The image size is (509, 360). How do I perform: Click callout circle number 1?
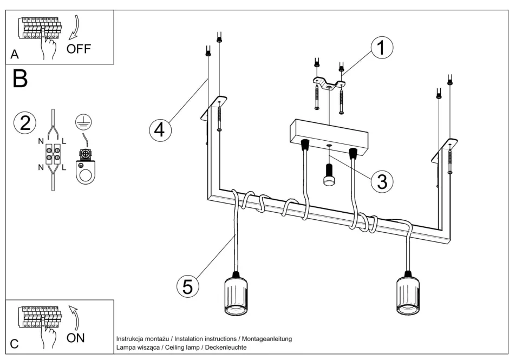point(381,48)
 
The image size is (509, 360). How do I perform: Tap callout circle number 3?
point(382,181)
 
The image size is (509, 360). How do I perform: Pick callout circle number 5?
point(187,286)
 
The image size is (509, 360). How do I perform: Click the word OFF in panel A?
point(79,49)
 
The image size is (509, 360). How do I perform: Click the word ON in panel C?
point(76,338)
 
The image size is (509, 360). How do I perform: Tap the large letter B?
point(21,79)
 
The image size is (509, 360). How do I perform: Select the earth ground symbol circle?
point(82,122)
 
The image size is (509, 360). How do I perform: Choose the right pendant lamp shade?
point(409,295)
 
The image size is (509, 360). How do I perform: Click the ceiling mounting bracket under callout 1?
point(329,84)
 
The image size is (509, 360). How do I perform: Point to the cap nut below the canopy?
point(329,176)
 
